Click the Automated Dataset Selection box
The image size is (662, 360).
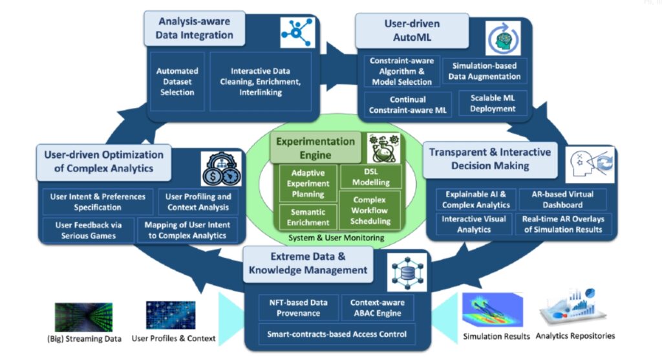point(178,81)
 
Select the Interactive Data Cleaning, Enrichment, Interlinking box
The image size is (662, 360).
point(261,81)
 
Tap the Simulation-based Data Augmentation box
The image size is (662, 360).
point(486,71)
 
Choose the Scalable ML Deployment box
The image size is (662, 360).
point(493,103)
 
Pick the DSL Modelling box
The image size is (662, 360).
point(370,177)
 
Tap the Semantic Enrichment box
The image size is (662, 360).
point(307,217)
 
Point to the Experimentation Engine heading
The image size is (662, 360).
point(315,147)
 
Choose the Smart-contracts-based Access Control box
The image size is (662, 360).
point(337,334)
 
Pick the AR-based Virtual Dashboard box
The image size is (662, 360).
point(563,199)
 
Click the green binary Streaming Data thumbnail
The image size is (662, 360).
point(83,317)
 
